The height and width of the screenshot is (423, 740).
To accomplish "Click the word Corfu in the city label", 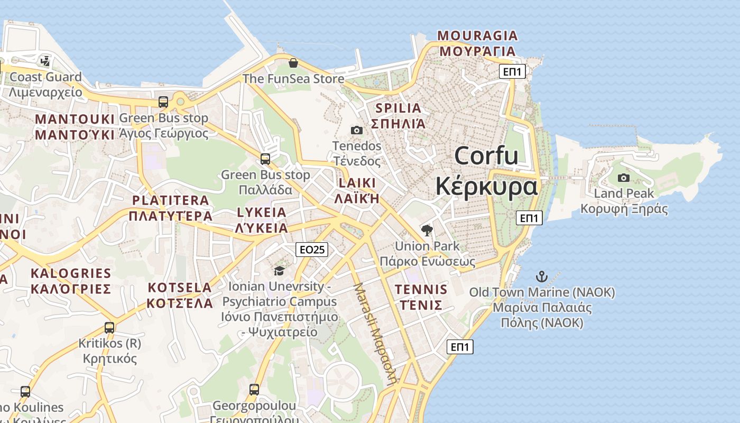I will click(486, 156).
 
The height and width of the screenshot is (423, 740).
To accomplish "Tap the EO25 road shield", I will click(312, 250).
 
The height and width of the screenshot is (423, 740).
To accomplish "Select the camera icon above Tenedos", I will click(357, 130).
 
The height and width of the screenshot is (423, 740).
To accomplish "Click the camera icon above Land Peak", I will click(624, 178).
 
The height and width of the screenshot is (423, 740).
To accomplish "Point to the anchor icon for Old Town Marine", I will click(541, 277).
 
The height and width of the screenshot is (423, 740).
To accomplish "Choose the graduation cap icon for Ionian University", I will click(279, 271).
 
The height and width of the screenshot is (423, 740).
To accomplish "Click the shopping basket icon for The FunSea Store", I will click(293, 63).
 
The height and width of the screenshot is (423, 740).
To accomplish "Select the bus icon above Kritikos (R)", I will click(109, 328).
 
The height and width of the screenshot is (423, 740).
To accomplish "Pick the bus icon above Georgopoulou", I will click(254, 390).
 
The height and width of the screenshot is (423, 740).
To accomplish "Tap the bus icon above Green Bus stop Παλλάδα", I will click(265, 159).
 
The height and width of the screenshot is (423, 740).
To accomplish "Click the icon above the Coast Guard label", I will click(45, 61).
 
